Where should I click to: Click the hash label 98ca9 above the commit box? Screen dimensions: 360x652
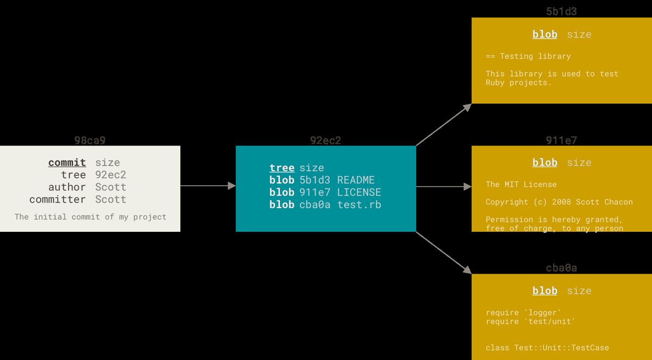coord(90,141)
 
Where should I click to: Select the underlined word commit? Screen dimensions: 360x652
coord(67,162)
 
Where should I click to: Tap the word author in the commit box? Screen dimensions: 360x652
coord(67,187)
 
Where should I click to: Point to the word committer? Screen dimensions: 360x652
coord(58,199)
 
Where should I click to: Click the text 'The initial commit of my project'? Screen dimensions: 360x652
coord(90,217)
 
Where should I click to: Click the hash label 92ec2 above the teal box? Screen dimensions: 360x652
coord(325,141)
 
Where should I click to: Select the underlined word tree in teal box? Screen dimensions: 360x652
coord(282,168)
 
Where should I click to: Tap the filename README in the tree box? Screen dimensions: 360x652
coord(356,180)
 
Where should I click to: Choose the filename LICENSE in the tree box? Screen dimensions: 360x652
coord(359,192)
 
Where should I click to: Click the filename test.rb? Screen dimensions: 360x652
coord(359,205)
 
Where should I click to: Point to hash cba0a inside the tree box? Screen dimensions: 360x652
coord(315,205)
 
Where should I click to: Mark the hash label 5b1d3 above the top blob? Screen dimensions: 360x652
coord(561,11)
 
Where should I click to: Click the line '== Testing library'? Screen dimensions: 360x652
coord(528,56)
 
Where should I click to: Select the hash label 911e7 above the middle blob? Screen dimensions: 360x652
coord(561,141)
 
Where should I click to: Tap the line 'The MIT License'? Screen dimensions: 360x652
coord(521,184)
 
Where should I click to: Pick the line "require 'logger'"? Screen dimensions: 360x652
coord(523,313)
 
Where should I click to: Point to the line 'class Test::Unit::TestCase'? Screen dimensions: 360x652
coord(547,348)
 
